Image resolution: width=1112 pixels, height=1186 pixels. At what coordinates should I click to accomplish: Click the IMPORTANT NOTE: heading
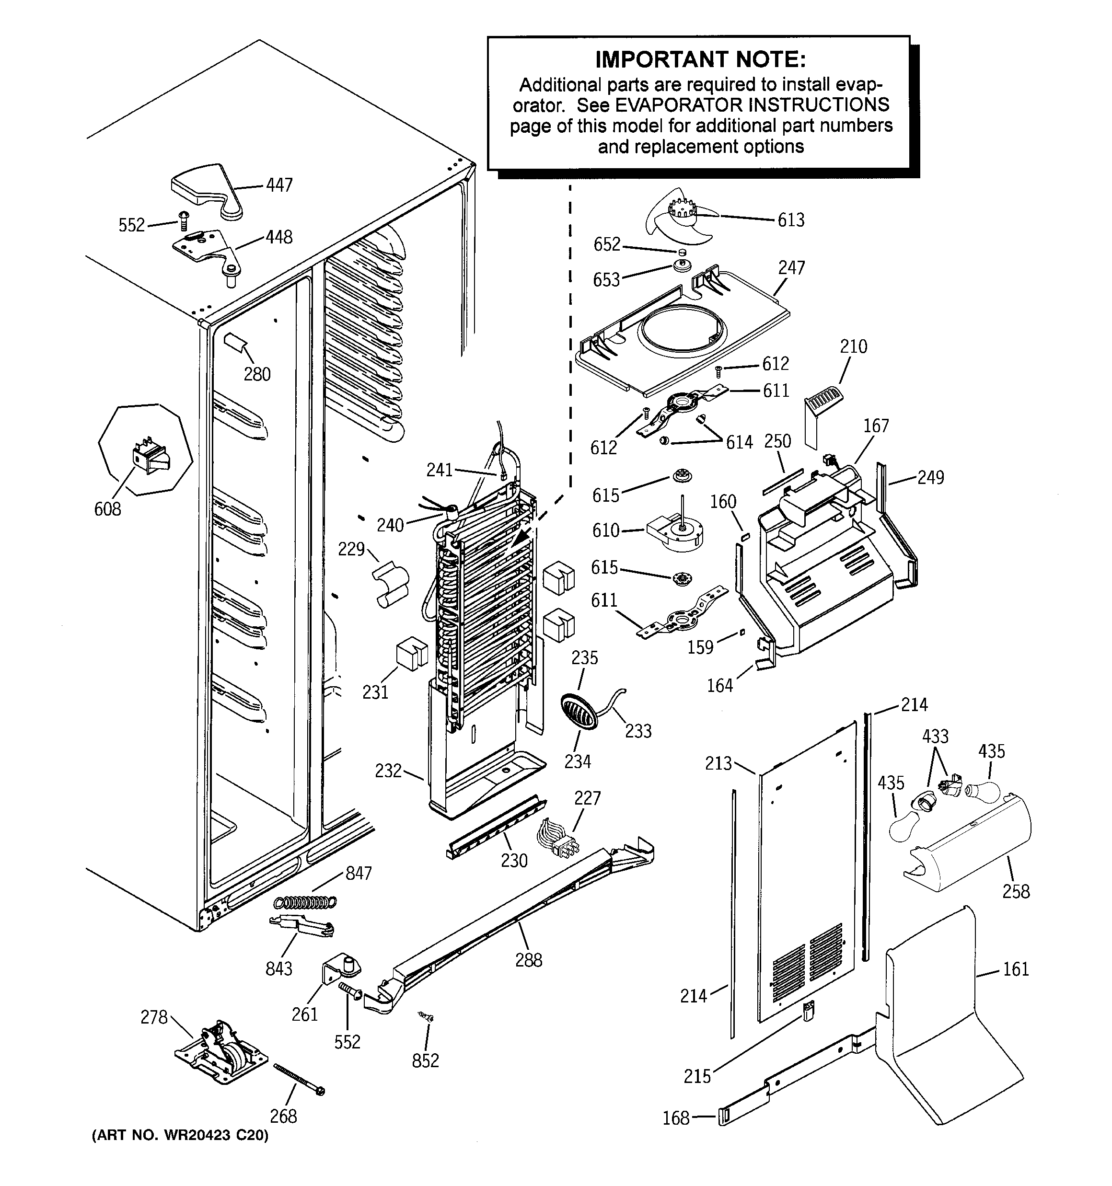[x=700, y=59]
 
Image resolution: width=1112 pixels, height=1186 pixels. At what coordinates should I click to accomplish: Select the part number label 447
[x=279, y=185]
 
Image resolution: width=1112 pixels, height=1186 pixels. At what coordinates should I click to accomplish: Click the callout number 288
[x=528, y=977]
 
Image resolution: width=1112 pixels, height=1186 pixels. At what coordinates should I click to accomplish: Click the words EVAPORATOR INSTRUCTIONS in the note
[x=752, y=105]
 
